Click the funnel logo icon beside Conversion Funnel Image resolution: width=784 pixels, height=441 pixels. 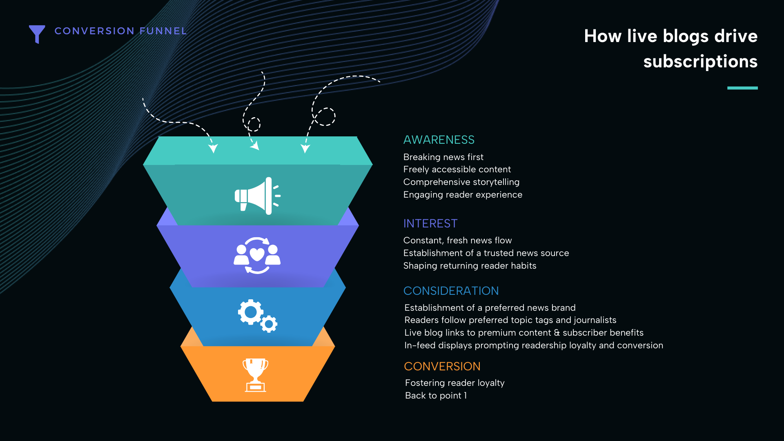37,33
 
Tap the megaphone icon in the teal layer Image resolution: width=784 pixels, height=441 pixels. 257,196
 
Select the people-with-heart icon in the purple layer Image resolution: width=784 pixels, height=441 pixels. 257,255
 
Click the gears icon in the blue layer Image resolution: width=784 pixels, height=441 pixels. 258,316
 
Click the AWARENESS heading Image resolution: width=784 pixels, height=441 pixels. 439,140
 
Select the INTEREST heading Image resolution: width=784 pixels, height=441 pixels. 430,223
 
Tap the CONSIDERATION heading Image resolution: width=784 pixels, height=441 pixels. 451,291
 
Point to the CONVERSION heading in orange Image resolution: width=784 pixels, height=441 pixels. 442,366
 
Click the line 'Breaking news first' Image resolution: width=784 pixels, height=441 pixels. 443,157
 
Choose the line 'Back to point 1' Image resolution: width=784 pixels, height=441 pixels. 436,396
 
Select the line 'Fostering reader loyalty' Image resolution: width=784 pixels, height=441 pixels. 455,383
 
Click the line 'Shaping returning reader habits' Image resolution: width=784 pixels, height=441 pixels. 470,266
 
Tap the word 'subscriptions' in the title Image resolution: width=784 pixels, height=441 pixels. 700,62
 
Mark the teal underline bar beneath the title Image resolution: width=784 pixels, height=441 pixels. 742,88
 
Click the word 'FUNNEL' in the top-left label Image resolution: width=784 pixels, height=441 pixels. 163,31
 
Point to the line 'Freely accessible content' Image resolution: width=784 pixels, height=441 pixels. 457,169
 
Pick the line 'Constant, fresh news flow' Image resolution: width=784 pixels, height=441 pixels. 457,241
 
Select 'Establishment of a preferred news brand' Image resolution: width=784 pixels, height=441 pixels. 490,308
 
